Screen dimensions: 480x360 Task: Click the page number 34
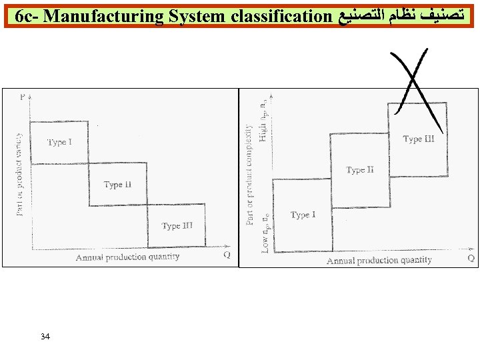point(45,336)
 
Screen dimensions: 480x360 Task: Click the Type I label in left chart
point(60,143)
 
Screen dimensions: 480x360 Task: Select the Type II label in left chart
point(117,185)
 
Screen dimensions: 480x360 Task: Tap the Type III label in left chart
point(177,226)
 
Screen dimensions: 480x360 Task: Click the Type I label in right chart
point(303,215)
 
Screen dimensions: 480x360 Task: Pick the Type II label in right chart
point(360,170)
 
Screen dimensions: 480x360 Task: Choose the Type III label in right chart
point(419,139)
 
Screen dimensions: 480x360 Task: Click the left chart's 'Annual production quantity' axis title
point(127,257)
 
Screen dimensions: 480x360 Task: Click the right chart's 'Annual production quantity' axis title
point(379,261)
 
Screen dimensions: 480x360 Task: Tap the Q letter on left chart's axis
point(227,254)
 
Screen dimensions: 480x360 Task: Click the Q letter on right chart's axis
point(471,257)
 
